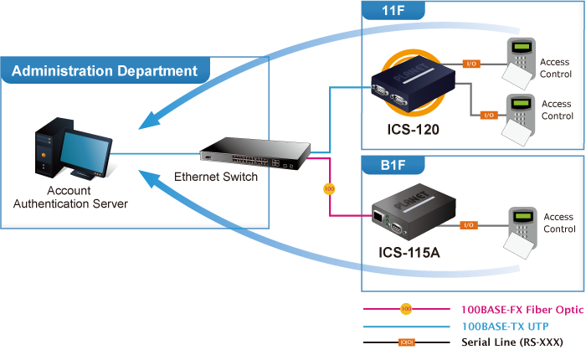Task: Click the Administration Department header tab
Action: click(104, 71)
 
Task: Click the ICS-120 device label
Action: click(414, 130)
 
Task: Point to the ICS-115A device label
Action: click(409, 252)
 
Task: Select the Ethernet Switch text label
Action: click(216, 177)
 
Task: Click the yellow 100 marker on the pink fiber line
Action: click(329, 189)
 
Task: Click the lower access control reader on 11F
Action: click(520, 116)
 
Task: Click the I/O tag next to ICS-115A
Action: click(470, 224)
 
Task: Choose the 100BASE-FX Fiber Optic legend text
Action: click(511, 309)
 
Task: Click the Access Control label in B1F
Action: click(558, 223)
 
